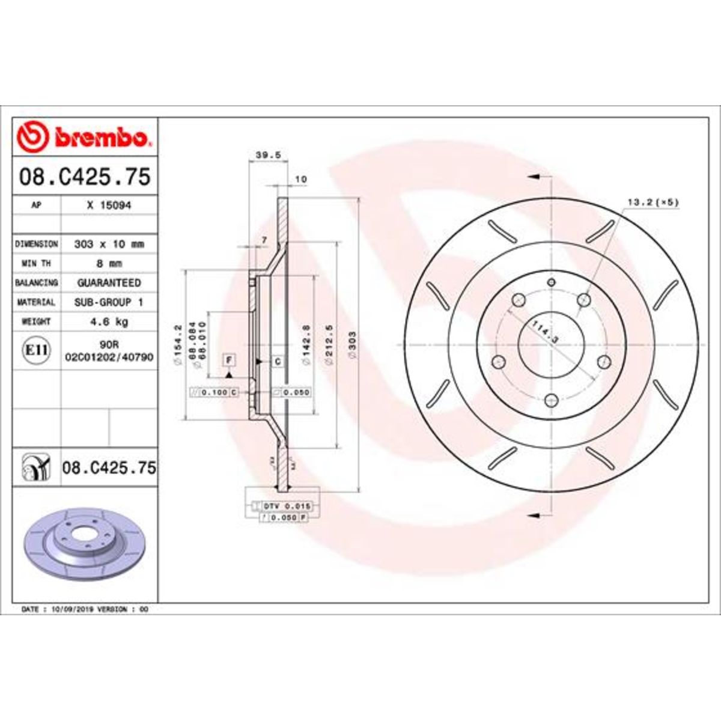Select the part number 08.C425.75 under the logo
click(85, 177)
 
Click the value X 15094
click(109, 205)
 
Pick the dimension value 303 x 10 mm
click(109, 244)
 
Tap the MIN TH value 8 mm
click(109, 263)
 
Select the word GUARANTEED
click(109, 282)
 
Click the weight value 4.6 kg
click(109, 321)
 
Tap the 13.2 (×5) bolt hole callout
click(652, 202)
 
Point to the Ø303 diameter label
click(352, 345)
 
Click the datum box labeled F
click(229, 360)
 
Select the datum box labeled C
click(277, 361)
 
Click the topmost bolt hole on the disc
click(552, 282)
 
